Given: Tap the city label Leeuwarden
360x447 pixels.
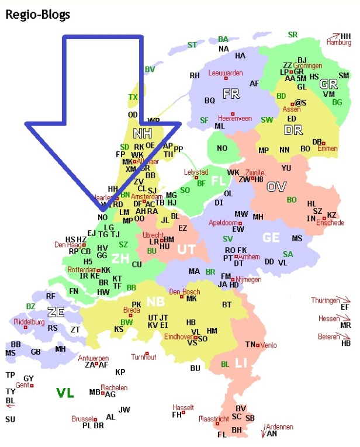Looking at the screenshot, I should pos(225,73).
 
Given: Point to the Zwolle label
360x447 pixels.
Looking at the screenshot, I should pos(255,173).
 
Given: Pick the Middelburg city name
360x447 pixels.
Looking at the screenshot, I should pos(29,322).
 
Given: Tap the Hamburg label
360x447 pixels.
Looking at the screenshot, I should pos(339,43).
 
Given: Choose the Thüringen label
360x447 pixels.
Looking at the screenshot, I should pos(325,300).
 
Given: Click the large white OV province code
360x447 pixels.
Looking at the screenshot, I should pos(276,187).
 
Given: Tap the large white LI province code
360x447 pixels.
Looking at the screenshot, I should pos(241,363).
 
